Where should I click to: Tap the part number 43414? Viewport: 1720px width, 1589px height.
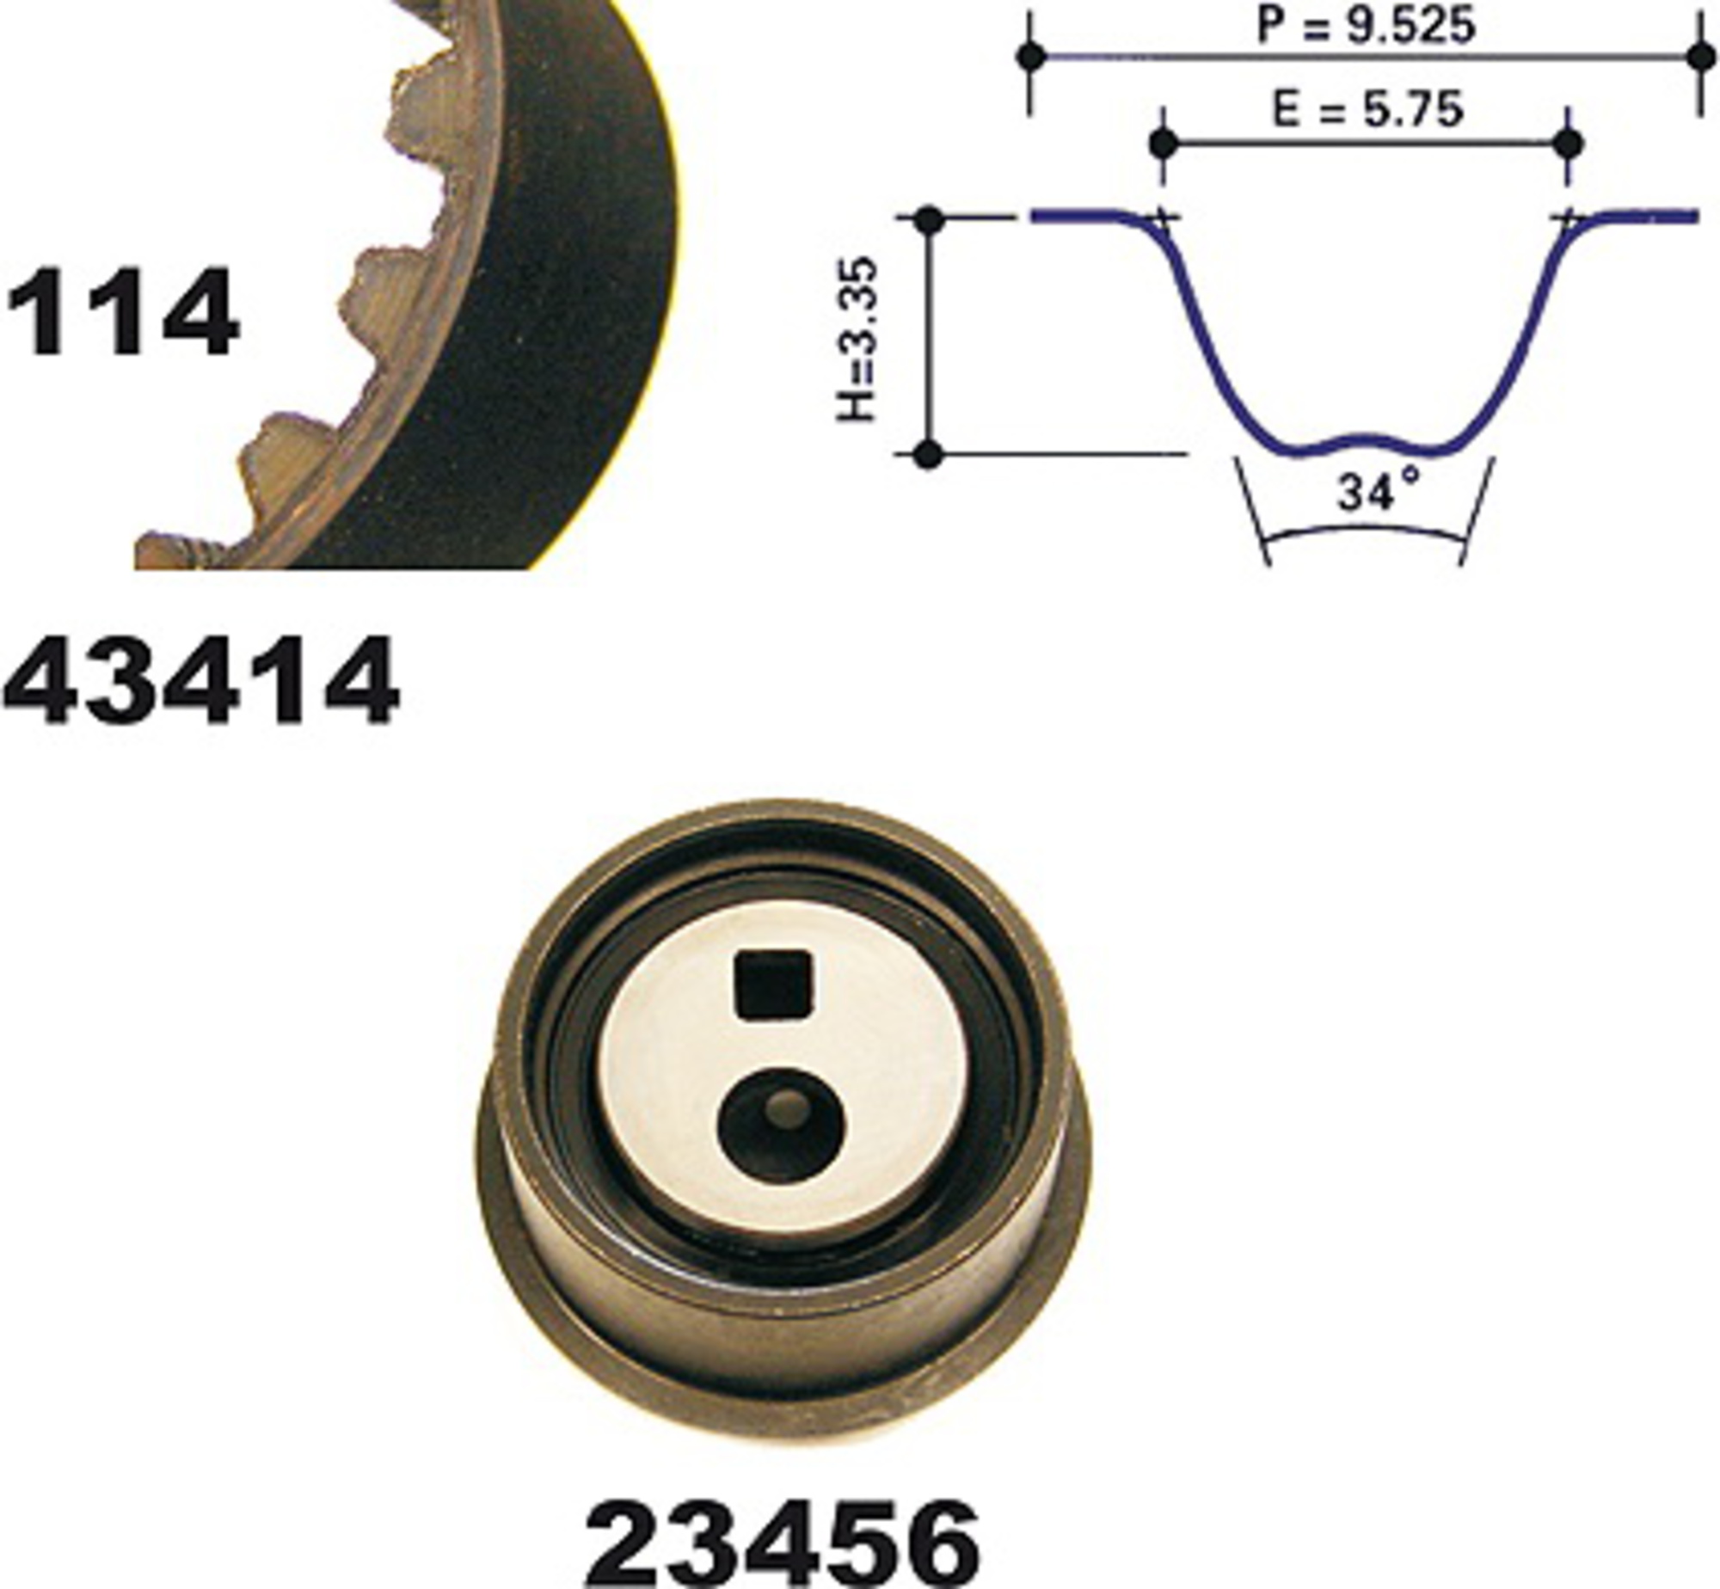(201, 680)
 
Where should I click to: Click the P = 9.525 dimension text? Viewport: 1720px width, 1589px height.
(1366, 26)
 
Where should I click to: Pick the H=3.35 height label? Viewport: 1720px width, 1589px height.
(857, 340)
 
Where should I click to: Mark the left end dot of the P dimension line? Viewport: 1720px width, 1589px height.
(1031, 57)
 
